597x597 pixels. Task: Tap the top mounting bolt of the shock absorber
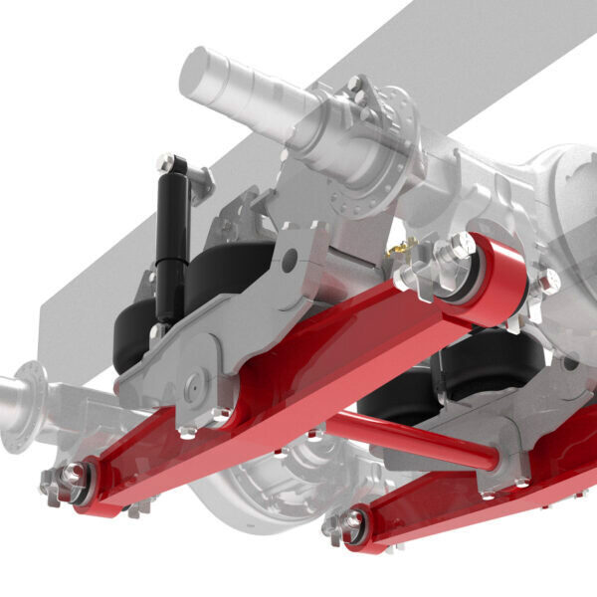click(166, 162)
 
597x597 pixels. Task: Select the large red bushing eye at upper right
click(497, 279)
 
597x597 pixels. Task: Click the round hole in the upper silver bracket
click(290, 262)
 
